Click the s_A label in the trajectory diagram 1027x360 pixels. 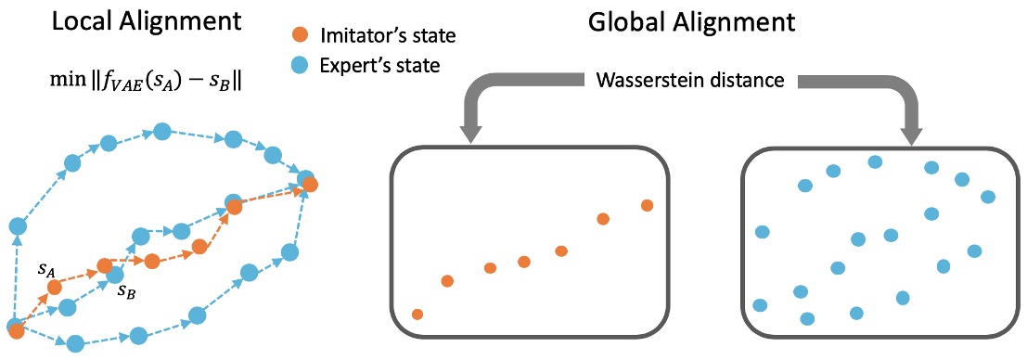pos(45,269)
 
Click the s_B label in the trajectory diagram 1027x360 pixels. pos(126,291)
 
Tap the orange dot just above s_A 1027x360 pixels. pos(55,287)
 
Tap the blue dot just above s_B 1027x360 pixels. pos(115,275)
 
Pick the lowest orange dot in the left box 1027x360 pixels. pos(417,315)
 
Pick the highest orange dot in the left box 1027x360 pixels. pos(647,205)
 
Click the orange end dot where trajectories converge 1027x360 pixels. pos(310,186)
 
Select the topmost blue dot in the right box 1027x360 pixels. pos(874,161)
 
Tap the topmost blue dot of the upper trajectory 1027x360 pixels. pos(161,132)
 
